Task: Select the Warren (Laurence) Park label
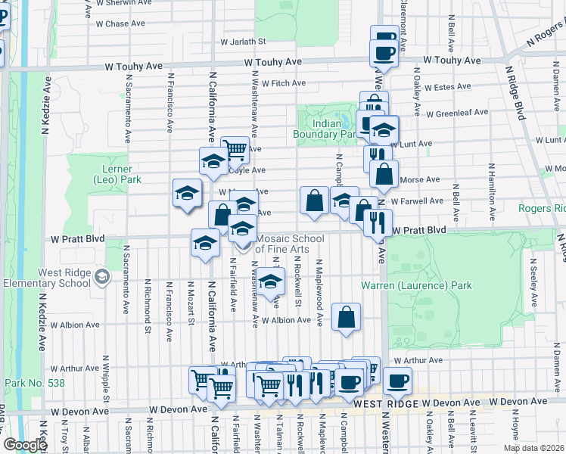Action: pos(416,285)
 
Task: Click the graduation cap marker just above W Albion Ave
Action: pos(270,282)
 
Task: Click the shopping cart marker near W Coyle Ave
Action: pos(235,150)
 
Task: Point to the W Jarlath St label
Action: pos(244,42)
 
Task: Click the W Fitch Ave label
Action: pos(284,83)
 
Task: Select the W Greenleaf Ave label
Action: pos(457,113)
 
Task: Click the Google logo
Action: pos(25,445)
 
